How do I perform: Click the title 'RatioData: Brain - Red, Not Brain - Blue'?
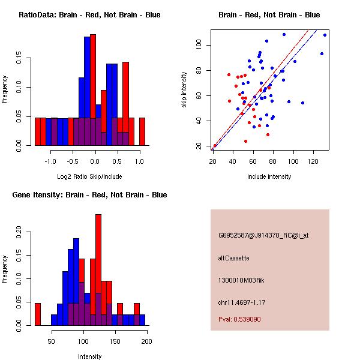pyautogui.click(x=89, y=15)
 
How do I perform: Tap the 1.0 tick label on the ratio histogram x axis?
pyautogui.click(x=139, y=161)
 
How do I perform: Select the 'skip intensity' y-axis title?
pyautogui.click(x=185, y=90)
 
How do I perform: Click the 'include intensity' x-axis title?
pyautogui.click(x=269, y=176)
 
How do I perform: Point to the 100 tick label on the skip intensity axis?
pyautogui.click(x=198, y=46)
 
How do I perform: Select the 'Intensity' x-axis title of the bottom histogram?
pyautogui.click(x=89, y=356)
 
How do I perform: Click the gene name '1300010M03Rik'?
pyautogui.click(x=241, y=280)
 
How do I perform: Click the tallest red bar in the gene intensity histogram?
pyautogui.click(x=98, y=270)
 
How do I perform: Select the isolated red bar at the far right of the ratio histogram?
pyautogui.click(x=142, y=131)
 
